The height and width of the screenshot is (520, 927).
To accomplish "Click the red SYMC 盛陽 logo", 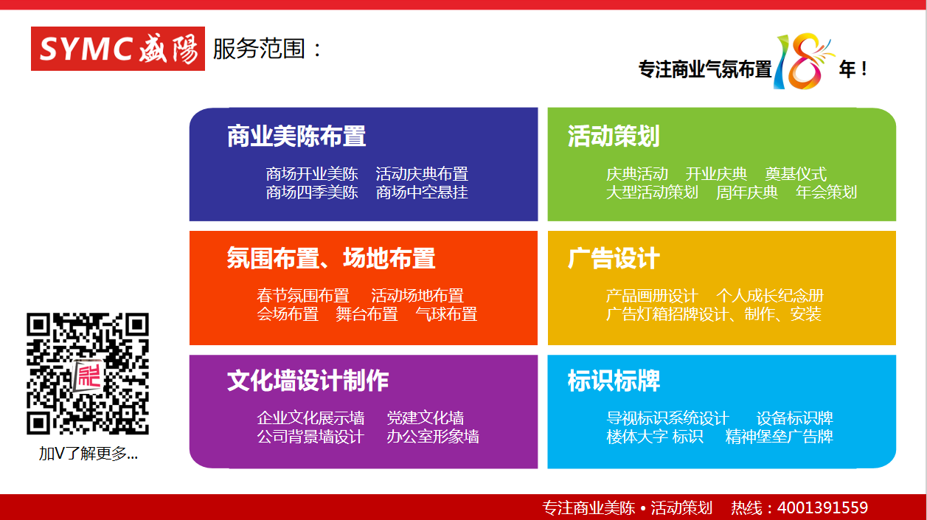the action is pyautogui.click(x=118, y=49).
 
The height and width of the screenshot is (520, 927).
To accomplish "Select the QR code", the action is pyautogui.click(x=88, y=373).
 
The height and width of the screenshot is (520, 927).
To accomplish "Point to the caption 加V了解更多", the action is pyautogui.click(x=88, y=454).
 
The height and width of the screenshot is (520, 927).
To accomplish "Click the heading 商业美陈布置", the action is pyautogui.click(x=296, y=136).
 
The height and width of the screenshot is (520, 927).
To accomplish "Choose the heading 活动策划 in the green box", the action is pyautogui.click(x=614, y=136).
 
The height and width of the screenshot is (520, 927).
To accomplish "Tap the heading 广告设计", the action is pyautogui.click(x=614, y=258).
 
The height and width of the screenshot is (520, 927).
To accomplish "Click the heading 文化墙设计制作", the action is pyautogui.click(x=308, y=381).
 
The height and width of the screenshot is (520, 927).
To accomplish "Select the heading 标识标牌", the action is pyautogui.click(x=614, y=381).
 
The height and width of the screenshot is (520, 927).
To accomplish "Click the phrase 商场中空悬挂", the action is pyautogui.click(x=422, y=193).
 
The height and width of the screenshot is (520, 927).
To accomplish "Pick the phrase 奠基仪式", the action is pyautogui.click(x=796, y=174).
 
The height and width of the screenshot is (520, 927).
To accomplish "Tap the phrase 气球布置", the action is pyautogui.click(x=446, y=314).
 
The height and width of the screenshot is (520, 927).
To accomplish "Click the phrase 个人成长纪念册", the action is pyautogui.click(x=770, y=296).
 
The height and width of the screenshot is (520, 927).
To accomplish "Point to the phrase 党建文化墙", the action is pyautogui.click(x=426, y=418).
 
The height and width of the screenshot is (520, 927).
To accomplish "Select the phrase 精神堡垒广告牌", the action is pyautogui.click(x=780, y=437).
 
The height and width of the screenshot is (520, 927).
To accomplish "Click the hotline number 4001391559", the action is pyautogui.click(x=823, y=507).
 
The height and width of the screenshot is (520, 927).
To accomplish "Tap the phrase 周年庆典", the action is pyautogui.click(x=747, y=193).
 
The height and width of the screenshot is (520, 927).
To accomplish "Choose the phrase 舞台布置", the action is pyautogui.click(x=367, y=314).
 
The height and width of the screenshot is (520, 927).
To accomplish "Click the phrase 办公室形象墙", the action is pyautogui.click(x=433, y=437).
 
